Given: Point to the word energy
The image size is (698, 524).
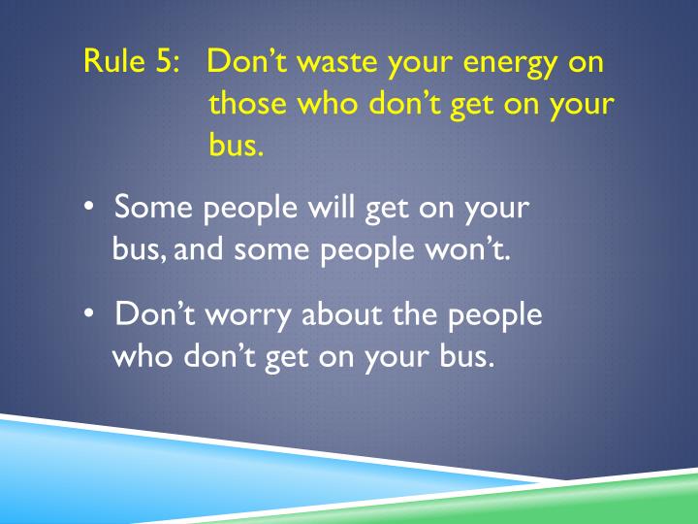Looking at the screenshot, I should coord(502,65).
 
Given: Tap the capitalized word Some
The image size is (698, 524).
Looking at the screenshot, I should coord(149,209).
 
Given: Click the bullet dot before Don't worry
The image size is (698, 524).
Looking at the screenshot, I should coord(89,316).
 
